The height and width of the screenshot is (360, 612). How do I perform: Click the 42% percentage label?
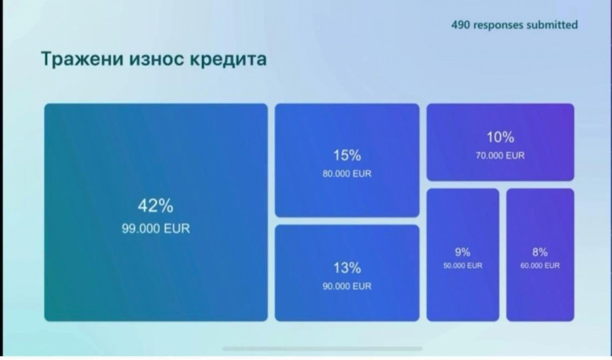tap(155, 206)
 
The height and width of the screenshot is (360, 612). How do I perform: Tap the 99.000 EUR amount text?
tap(156, 229)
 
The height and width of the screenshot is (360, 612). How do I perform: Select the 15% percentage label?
tap(347, 155)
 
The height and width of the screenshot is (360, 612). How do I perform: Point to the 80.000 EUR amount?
tap(347, 174)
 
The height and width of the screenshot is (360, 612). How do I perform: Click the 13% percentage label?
tap(347, 268)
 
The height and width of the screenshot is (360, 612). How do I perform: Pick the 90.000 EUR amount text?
tap(347, 287)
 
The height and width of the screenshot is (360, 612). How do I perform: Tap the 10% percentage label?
tap(500, 137)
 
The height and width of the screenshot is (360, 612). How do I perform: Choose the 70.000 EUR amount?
tap(500, 155)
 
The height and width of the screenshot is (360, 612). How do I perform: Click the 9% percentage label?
tap(462, 252)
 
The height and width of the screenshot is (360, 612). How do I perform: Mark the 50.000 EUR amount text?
tap(463, 265)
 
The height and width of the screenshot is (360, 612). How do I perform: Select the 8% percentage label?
tap(540, 252)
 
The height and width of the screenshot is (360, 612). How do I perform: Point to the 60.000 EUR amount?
tap(540, 265)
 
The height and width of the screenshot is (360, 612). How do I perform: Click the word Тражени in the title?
tap(82, 59)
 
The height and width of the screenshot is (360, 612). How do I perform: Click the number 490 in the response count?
tap(460, 25)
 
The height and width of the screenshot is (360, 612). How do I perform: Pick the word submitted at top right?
tap(552, 25)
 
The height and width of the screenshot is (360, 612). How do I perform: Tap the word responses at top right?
tap(498, 25)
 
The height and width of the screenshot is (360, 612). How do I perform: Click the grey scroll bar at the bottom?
tap(322, 348)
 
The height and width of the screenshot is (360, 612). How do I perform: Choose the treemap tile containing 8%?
tap(540, 255)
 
